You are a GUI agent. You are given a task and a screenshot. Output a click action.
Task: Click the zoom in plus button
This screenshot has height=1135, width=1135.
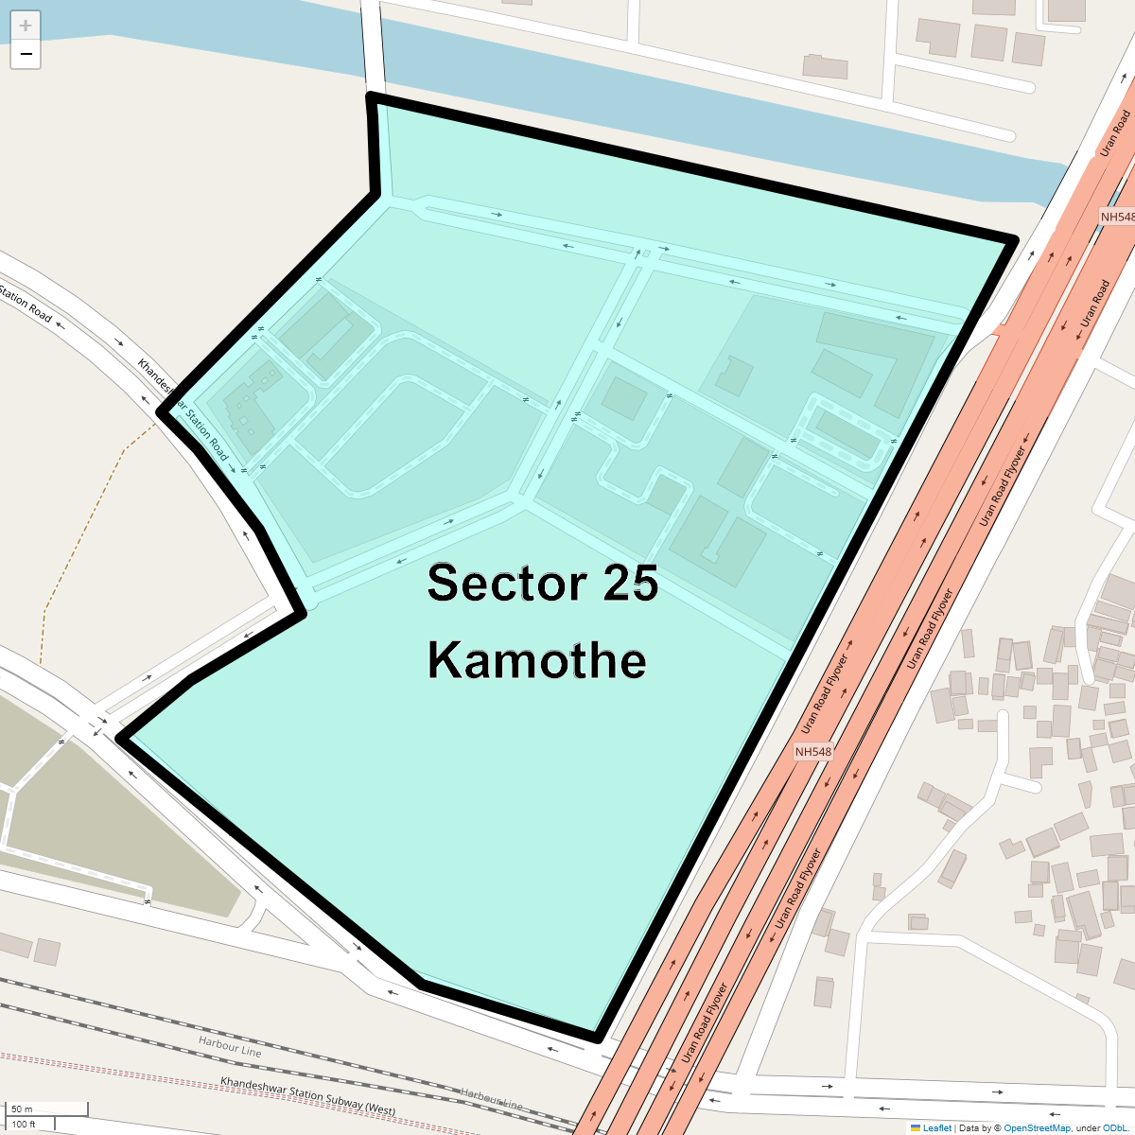(26, 26)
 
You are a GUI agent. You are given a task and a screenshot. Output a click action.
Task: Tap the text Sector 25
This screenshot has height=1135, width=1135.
(542, 583)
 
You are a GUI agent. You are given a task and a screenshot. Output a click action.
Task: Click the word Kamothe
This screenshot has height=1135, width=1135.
(536, 660)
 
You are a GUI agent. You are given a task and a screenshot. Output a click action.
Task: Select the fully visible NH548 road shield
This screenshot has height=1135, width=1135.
(813, 752)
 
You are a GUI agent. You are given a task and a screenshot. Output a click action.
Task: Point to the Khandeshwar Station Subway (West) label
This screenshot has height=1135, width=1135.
(308, 1096)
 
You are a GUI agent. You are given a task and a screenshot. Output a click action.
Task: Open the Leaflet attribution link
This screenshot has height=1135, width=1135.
(936, 1127)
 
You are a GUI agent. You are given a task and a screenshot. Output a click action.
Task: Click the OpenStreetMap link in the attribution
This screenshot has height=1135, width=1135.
(1037, 1127)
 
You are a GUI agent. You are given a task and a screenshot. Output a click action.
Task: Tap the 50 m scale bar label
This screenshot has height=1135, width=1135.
(22, 1109)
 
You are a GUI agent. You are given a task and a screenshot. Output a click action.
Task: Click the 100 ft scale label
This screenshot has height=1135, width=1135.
(24, 1125)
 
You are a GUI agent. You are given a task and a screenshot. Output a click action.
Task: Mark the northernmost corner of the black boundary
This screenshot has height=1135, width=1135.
(371, 96)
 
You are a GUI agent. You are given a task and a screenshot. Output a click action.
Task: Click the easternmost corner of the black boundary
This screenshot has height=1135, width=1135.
(1014, 239)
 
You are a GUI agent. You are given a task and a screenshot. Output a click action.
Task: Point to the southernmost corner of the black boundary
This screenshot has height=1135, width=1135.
(598, 1039)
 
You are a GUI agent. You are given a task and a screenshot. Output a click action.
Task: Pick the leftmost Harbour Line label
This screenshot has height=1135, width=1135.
(230, 1045)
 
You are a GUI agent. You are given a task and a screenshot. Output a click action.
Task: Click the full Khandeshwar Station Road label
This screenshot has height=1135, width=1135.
(183, 409)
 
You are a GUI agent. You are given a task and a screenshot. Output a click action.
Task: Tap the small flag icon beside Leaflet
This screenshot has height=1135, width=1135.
(916, 1127)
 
